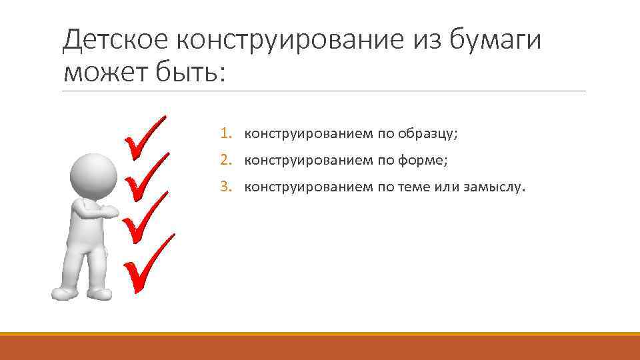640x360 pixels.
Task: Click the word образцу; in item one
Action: click(x=428, y=133)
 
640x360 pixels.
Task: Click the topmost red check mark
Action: click(x=145, y=137)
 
